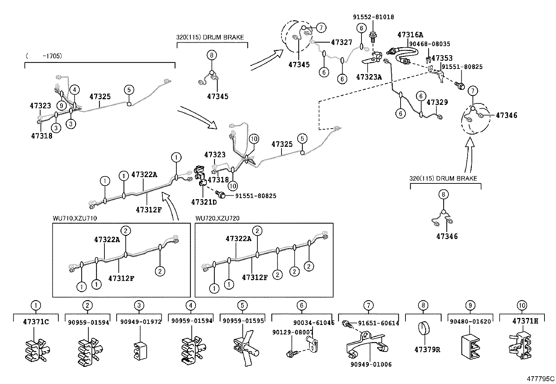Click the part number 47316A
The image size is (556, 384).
pos(410,35)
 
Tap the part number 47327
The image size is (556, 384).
pos(342,42)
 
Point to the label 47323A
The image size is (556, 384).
pos(369,77)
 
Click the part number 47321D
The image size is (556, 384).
pos(204,202)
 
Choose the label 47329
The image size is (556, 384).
pos(437,102)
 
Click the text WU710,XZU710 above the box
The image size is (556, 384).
pos(75,218)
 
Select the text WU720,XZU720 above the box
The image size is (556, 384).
pos(217,218)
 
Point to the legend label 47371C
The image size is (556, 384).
pos(36,321)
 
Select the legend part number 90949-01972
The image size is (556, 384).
pos(139,321)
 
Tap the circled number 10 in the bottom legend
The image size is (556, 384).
pos(522,305)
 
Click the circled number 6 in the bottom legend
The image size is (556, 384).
pos(302,305)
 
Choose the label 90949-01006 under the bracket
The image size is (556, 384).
pos(371,364)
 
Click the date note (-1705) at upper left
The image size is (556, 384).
pos(44,56)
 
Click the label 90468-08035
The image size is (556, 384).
pos(430,44)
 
